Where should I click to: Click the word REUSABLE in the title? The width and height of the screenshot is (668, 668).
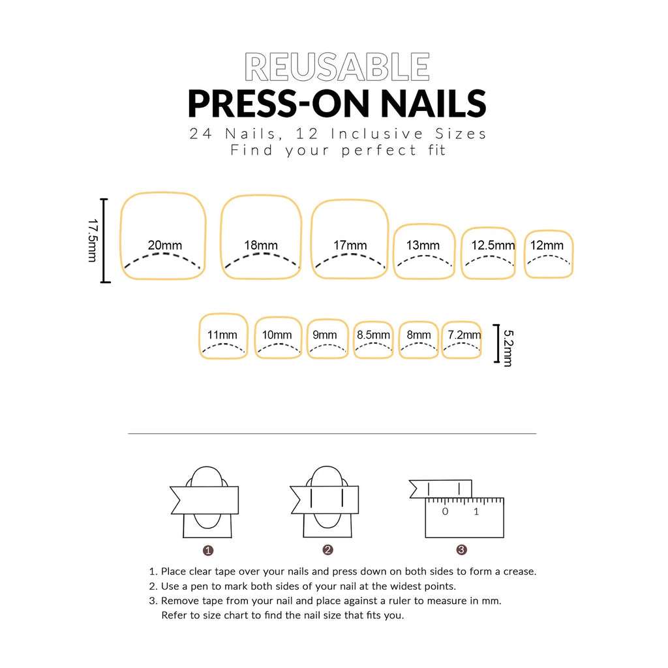pos(337,67)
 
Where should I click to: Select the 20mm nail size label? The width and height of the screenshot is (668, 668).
pos(165,245)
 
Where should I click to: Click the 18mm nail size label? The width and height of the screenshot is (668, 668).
pos(261,245)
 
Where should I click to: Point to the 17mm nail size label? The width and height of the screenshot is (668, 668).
pos(350,245)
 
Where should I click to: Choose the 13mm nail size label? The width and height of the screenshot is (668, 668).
pos(423,245)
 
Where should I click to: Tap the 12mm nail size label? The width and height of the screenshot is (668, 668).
pos(547,245)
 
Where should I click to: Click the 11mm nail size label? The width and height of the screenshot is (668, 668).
pos(222,335)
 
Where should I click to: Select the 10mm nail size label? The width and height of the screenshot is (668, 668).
pos(277,335)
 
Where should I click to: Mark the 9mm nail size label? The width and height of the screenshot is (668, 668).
pos(325,335)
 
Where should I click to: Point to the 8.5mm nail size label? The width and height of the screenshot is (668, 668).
pos(373,335)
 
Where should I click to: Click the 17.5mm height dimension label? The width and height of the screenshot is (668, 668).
pos(93,240)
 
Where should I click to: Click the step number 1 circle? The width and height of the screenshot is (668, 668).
pos(208,550)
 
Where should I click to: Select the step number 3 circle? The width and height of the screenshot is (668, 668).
pos(462,549)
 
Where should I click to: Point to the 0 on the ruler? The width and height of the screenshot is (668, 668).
pos(445,511)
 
